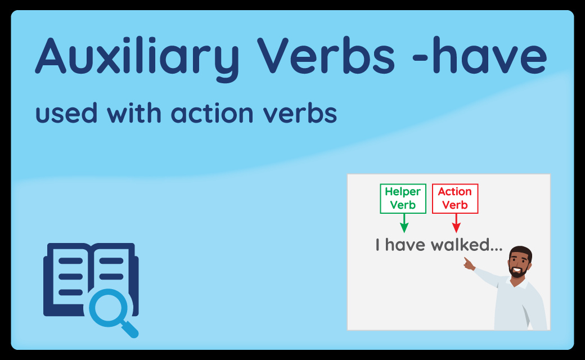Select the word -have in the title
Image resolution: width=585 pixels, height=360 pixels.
480,56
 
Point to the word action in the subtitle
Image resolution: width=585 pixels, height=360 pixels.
212,114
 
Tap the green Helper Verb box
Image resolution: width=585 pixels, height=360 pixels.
403,199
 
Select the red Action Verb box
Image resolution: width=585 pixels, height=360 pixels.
455,199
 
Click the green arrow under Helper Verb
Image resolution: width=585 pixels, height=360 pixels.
404,223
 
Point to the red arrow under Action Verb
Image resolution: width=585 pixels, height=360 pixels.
456,223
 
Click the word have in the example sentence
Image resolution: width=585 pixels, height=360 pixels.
405,245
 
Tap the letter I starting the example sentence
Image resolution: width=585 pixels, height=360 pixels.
377,245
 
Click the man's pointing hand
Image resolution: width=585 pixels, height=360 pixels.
469,263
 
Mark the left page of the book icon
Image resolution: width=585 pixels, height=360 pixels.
70,276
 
